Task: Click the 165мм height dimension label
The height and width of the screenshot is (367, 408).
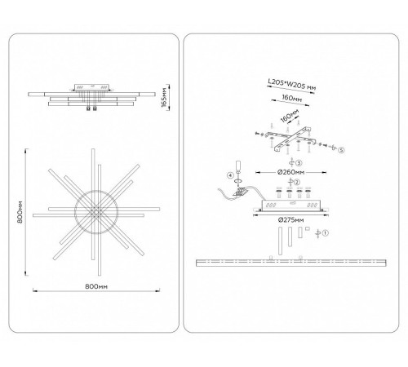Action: pos(164,98)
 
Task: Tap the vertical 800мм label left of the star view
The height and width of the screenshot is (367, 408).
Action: pos(20,213)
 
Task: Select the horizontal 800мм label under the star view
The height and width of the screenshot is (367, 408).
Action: pos(96,286)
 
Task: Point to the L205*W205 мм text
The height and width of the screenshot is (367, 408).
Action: pos(292,84)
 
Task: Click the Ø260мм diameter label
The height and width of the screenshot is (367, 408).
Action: pos(290,172)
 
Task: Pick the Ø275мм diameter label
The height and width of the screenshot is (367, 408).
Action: pos(290,219)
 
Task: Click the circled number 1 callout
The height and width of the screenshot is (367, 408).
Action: pos(326,233)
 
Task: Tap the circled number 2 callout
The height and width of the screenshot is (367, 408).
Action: pos(297,182)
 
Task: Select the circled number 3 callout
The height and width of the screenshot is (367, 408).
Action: pos(299,163)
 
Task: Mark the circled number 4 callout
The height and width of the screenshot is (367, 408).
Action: pos(230,175)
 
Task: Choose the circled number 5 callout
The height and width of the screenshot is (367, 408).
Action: pos(341,150)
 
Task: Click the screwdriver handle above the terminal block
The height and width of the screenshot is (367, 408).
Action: pos(238,166)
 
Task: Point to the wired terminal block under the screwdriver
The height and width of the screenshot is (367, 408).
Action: pos(241,192)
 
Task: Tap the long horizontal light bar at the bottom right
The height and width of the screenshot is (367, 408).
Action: pos(291,263)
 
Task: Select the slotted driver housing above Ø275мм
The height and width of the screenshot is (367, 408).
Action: pos(291,206)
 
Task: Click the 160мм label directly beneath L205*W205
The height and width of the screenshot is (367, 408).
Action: pos(291,98)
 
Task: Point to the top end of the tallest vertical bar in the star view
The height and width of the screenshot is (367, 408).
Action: pos(93,149)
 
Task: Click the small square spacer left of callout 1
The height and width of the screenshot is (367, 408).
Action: pos(308,229)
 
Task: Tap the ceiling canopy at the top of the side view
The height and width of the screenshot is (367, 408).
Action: pos(92,87)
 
